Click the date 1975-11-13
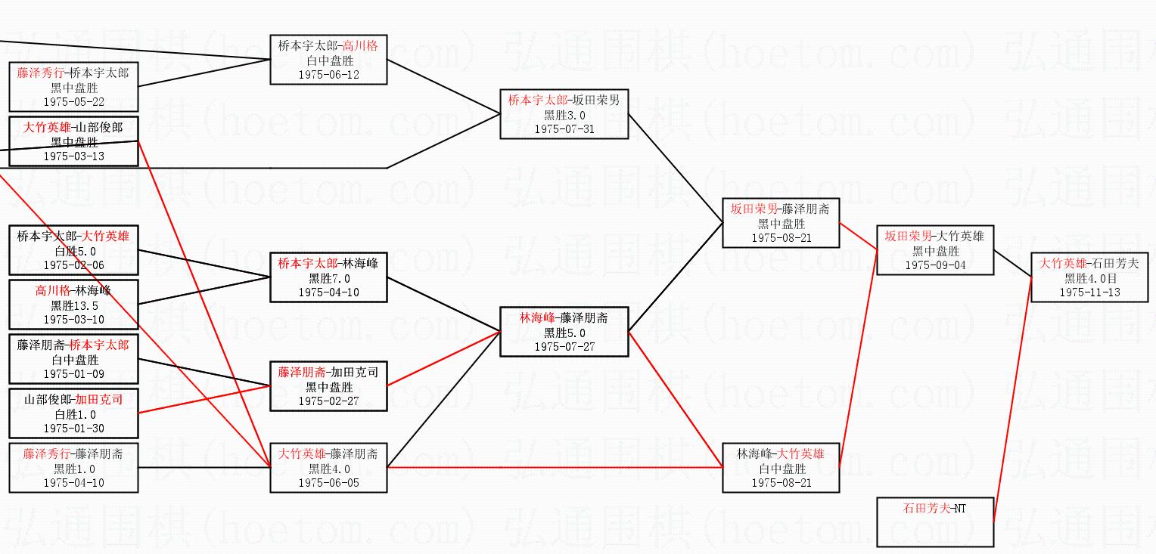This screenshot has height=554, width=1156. [1089, 292]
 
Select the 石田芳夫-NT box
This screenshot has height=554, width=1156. [934, 522]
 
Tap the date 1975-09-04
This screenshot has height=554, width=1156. [934, 265]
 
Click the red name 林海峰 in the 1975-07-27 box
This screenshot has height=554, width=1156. [537, 317]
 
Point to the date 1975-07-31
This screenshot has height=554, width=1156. [564, 129]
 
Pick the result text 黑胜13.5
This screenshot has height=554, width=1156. [74, 306]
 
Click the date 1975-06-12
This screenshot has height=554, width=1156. [328, 75]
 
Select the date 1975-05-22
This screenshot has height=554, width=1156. [74, 102]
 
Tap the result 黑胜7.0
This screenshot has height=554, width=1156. [328, 278]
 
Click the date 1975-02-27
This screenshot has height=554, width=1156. [328, 401]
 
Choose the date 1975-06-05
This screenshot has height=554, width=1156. [328, 483]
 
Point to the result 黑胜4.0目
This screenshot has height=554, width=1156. [1089, 278]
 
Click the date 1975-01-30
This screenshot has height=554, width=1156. [74, 429]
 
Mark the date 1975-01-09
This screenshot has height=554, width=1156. [74, 374]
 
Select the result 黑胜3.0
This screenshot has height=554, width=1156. [564, 115]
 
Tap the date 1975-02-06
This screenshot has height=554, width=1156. [74, 265]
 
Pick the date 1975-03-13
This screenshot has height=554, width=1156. [74, 156]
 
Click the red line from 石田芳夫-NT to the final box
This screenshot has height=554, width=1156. [1011, 401]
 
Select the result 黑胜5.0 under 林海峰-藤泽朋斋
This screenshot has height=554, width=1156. [564, 333]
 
